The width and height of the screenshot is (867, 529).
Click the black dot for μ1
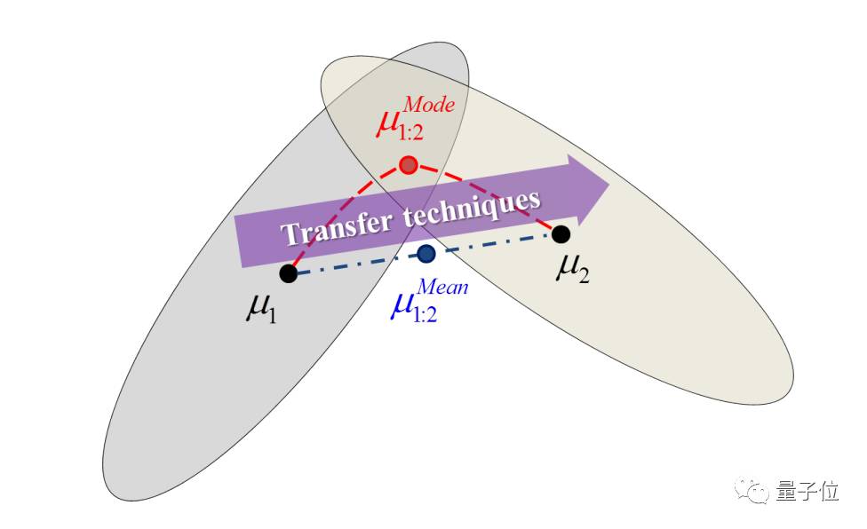[x=288, y=273]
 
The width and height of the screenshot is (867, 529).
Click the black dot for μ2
[x=561, y=234]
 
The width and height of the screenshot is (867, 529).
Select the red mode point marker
[x=408, y=164]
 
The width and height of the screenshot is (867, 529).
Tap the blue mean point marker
[x=426, y=254]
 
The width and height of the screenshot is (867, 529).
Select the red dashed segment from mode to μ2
[x=497, y=203]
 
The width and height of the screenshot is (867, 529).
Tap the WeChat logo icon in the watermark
[x=757, y=491]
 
